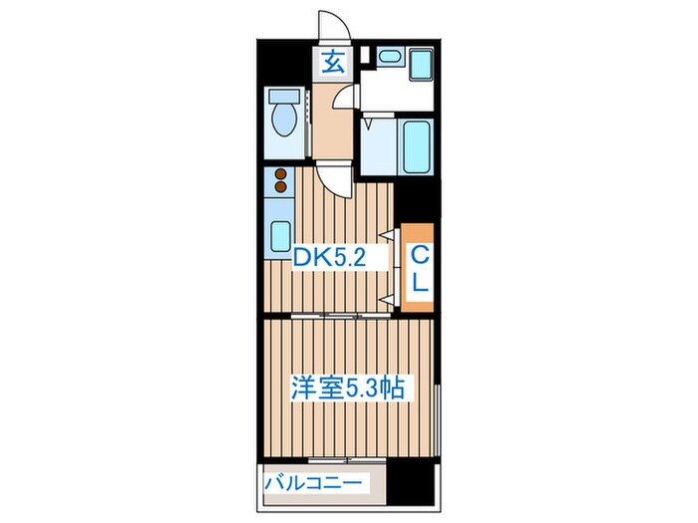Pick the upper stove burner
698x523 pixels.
[x=281, y=174]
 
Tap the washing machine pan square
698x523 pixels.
[x=420, y=63]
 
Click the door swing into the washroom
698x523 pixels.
[x=346, y=97]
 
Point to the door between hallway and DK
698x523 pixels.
[x=341, y=179]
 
